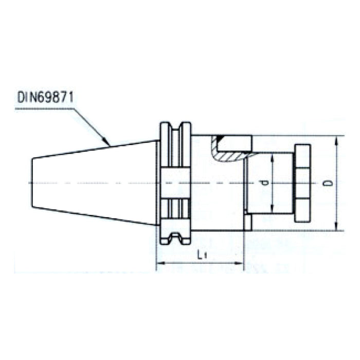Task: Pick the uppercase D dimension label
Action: click(x=329, y=183)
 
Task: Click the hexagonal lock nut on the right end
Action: click(x=302, y=184)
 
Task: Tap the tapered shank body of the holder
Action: click(x=93, y=184)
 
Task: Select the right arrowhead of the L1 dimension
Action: click(x=240, y=265)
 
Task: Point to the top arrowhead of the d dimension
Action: click(x=273, y=156)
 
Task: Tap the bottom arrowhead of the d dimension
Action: click(x=273, y=211)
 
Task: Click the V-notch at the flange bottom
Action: click(x=175, y=238)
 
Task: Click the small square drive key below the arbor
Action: click(x=247, y=222)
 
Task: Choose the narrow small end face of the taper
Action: click(x=33, y=184)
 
